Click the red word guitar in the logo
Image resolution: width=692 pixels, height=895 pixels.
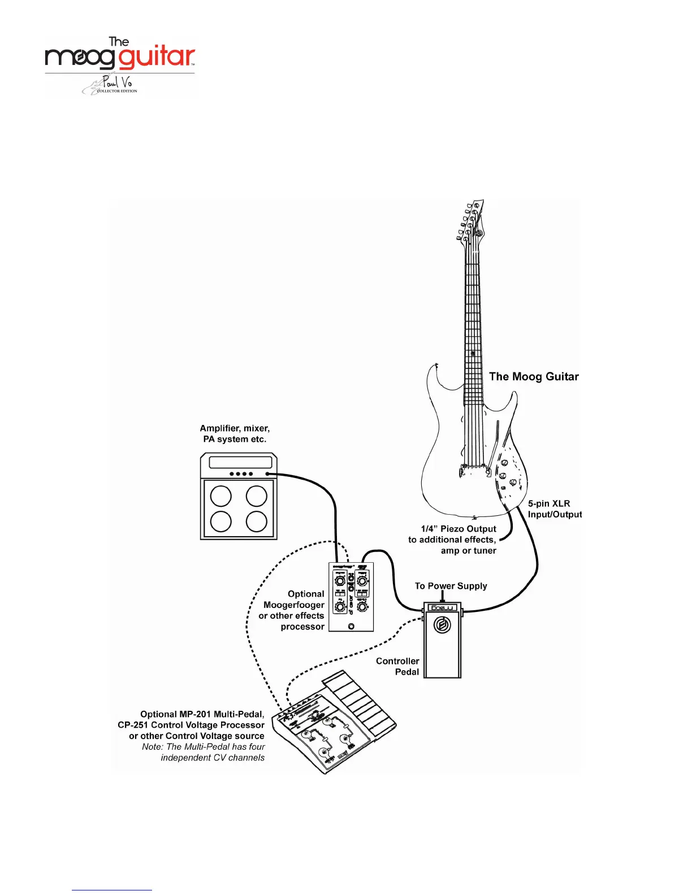pyautogui.click(x=157, y=58)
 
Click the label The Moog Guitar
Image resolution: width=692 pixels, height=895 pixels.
pyautogui.click(x=534, y=377)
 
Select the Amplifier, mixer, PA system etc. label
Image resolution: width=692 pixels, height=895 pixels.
pyautogui.click(x=235, y=434)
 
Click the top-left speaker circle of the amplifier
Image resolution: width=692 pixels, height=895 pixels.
pyautogui.click(x=220, y=497)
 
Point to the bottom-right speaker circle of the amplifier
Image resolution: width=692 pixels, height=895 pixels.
pyautogui.click(x=257, y=522)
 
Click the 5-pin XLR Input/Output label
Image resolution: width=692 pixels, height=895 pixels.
pyautogui.click(x=554, y=509)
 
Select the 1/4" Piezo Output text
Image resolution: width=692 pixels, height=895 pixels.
pyautogui.click(x=459, y=529)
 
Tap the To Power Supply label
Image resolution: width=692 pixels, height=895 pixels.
pyautogui.click(x=451, y=586)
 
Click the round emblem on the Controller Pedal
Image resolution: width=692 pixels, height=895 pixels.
pyautogui.click(x=442, y=625)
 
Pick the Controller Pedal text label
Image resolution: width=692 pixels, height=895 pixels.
pyautogui.click(x=398, y=667)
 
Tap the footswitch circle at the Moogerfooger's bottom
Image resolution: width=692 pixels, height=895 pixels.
pyautogui.click(x=351, y=627)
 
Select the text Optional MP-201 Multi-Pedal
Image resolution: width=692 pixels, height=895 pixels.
pyautogui.click(x=202, y=714)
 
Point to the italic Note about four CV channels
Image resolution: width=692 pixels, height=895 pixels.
pyautogui.click(x=204, y=753)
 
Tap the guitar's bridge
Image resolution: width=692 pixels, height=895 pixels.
pyautogui.click(x=474, y=468)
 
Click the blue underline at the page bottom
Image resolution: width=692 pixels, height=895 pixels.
pyautogui.click(x=112, y=890)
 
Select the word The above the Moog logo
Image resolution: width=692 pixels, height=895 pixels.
pyautogui.click(x=119, y=42)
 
